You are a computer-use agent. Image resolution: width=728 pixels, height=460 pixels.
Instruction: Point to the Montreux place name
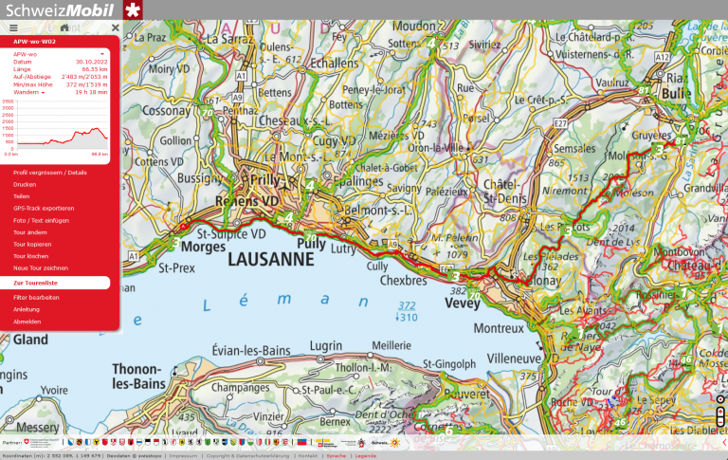497,328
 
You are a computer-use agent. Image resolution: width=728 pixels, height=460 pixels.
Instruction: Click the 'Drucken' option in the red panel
25,184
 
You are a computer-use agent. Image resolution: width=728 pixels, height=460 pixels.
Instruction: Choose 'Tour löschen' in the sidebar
30,256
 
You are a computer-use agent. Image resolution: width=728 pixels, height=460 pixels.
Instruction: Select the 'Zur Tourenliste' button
36,283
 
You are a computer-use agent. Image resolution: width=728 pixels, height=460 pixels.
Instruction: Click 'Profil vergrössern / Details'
49,173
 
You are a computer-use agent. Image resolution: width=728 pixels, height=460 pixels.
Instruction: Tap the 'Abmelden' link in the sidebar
27,322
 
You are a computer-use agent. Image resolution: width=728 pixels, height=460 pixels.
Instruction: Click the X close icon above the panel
115,28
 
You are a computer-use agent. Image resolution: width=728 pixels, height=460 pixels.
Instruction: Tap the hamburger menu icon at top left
13,28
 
